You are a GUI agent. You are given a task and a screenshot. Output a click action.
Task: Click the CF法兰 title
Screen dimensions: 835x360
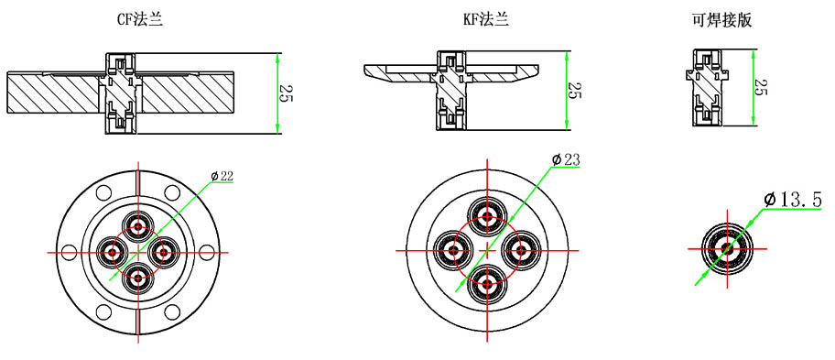click(140, 20)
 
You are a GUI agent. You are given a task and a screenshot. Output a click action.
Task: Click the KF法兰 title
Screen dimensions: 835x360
click(486, 20)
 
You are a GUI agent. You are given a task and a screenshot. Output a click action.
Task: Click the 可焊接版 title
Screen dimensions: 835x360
click(721, 20)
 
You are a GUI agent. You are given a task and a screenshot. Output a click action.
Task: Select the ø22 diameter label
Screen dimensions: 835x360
click(222, 176)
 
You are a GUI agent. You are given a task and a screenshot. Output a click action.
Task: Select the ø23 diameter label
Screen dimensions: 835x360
click(566, 158)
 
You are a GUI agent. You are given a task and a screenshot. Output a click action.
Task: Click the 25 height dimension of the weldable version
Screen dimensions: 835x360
click(762, 86)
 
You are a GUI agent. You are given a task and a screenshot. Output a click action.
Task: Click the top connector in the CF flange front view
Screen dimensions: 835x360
click(138, 227)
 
